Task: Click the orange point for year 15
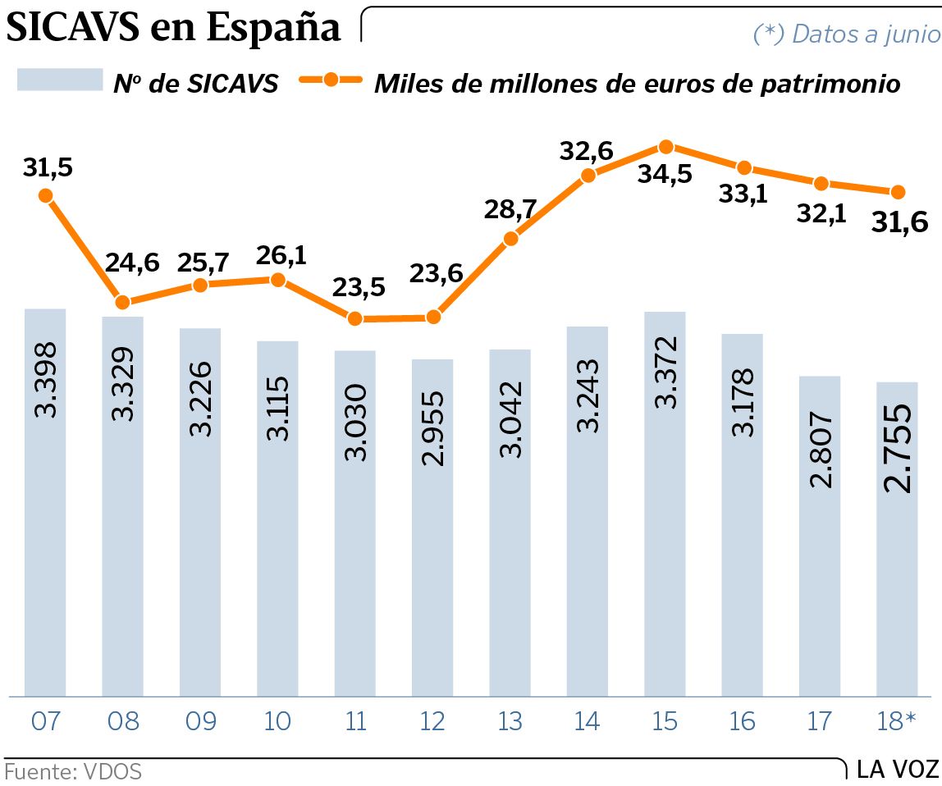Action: coord(666,147)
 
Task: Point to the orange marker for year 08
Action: coord(123,302)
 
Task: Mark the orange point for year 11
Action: coord(355,318)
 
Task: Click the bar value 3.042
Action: coord(510,419)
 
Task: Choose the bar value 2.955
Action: coord(432,427)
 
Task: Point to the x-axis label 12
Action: coord(432,721)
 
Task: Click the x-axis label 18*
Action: coord(898,721)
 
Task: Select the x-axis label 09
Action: coord(200,721)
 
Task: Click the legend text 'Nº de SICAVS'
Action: coord(195,84)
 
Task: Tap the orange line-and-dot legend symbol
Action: coord(332,80)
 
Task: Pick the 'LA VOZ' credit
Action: coord(898,770)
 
